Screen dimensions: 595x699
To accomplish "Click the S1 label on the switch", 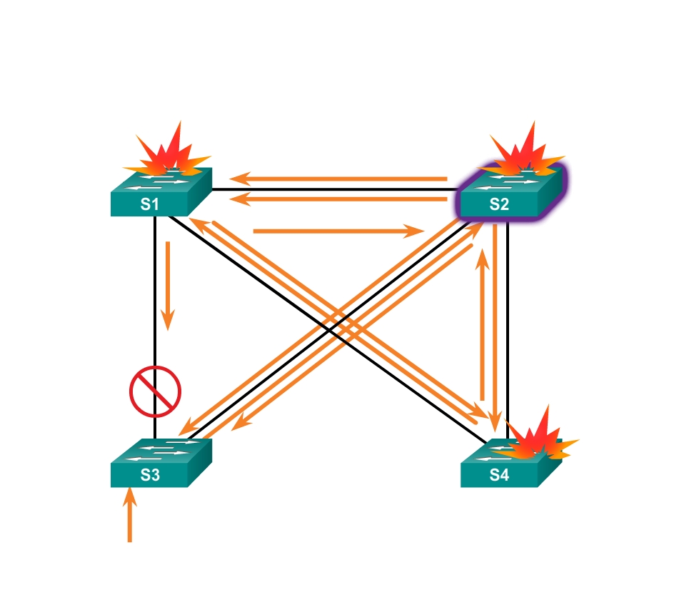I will pos(149,205).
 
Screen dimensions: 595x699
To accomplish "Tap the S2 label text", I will pos(499,205).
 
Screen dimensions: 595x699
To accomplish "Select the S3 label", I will pos(149,476).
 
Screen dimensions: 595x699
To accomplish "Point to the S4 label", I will pos(499,476).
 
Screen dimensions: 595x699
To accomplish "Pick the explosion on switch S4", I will pos(535,438).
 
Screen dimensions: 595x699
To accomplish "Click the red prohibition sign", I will pos(155,391).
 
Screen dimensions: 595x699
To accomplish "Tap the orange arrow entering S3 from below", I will pos(130,514).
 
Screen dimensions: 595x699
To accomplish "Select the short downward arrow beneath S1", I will pos(168,286).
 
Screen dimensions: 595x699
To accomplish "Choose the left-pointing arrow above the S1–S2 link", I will pos(338,179).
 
